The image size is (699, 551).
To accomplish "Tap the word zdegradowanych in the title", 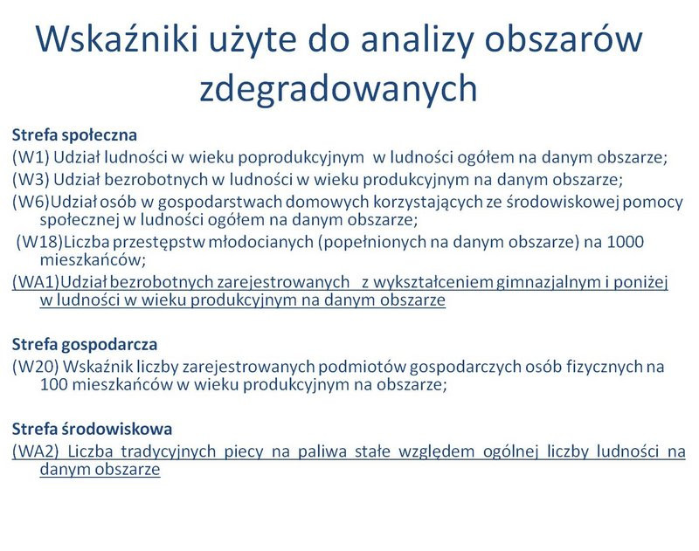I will [x=339, y=89].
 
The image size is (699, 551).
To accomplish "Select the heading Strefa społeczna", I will [x=75, y=135].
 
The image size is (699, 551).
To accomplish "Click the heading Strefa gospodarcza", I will [x=84, y=343].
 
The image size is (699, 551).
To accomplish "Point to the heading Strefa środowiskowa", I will [x=92, y=429].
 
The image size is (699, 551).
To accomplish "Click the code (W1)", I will [x=30, y=157].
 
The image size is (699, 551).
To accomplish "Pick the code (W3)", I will [x=30, y=180].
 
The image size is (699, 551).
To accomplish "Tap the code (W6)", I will [x=30, y=202].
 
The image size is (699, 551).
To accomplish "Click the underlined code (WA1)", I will [x=34, y=284].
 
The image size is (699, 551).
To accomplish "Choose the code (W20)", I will [x=34, y=365].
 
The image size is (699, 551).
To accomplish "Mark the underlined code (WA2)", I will [x=34, y=451].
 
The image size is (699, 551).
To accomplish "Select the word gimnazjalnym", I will [x=502, y=284].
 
